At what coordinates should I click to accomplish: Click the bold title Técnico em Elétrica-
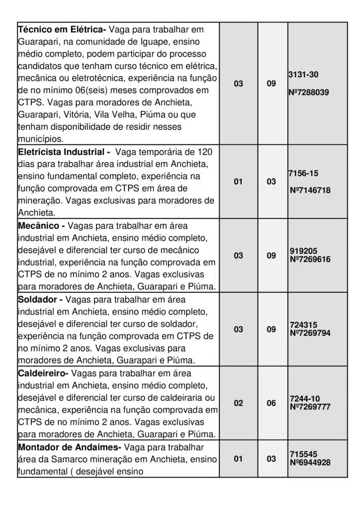62,30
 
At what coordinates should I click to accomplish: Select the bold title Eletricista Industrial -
64,152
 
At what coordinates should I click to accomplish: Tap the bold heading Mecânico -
41,226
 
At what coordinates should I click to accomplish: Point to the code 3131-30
303,75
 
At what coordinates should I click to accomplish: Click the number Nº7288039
308,92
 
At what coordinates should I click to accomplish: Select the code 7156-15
303,173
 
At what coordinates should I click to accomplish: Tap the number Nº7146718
310,190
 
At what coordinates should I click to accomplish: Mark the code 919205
303,251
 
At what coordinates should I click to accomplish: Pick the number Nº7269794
310,333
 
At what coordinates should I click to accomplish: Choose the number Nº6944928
310,463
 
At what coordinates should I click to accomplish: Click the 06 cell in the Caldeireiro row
271,403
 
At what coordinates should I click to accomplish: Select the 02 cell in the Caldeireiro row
239,403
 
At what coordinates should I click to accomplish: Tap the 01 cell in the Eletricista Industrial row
239,182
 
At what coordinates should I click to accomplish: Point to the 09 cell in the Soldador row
271,329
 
